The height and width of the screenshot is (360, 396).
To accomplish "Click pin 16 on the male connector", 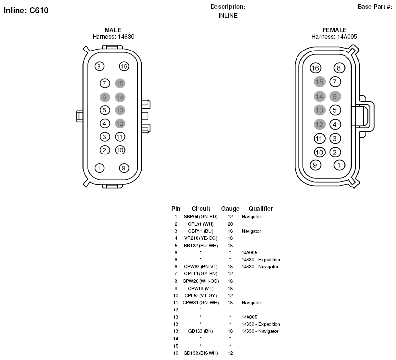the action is (x=124, y=66).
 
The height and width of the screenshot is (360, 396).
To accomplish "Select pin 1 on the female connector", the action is (x=339, y=165).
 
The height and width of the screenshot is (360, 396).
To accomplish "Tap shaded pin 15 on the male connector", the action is (x=120, y=83).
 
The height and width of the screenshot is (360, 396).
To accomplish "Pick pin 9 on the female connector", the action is (x=315, y=165).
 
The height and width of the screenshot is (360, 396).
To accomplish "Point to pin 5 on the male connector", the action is (x=105, y=110).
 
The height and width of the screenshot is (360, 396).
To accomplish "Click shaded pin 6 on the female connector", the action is (x=335, y=96).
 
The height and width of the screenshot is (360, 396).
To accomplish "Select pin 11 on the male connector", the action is (x=120, y=137).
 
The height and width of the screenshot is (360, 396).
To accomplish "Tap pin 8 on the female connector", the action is (x=339, y=68).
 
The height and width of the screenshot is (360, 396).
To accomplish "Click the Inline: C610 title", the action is (x=26, y=10).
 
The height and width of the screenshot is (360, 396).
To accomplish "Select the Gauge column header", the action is (x=230, y=209).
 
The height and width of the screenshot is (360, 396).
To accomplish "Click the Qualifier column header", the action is (x=261, y=209).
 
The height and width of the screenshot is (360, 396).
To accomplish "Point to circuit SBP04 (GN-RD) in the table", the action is (x=200, y=217).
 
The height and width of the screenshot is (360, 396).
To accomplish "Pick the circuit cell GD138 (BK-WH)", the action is (x=200, y=353).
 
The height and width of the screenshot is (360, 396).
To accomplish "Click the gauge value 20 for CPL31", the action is (x=230, y=224).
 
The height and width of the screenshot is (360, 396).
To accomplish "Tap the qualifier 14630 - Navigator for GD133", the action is (x=260, y=331).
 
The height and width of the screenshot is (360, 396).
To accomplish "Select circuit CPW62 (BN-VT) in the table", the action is (x=200, y=267).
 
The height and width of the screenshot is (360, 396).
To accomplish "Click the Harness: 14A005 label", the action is (x=334, y=37).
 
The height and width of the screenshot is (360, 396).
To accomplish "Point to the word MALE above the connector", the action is (x=113, y=30).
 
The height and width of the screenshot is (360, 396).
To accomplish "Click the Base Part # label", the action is (x=375, y=7).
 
